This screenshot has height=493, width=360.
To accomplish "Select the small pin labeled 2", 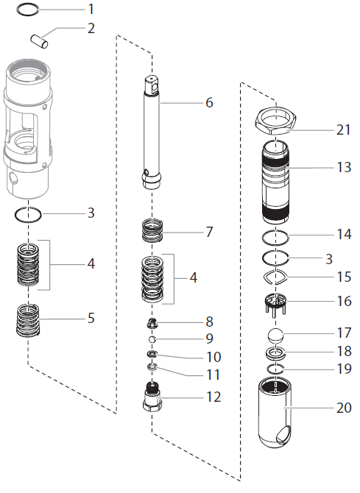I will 40,38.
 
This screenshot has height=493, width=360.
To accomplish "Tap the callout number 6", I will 209,102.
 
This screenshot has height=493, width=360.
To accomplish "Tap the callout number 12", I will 212,397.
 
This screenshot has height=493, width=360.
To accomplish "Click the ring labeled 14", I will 277,237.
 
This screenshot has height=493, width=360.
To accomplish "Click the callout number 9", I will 209,338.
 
